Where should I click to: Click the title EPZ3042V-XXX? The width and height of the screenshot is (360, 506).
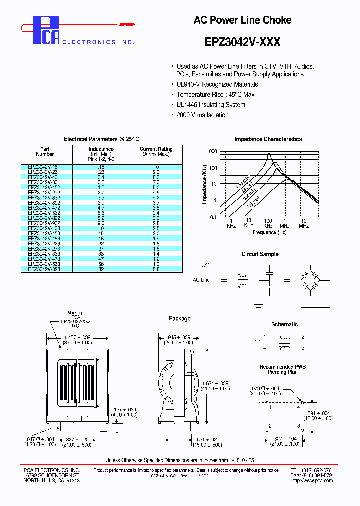click(x=242, y=43)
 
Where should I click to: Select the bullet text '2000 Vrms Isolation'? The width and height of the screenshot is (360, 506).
click(x=202, y=115)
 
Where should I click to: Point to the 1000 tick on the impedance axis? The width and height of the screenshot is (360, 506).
click(x=211, y=151)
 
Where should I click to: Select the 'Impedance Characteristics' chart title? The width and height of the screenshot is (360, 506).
click(x=268, y=139)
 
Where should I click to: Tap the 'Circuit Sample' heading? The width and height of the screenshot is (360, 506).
click(x=260, y=254)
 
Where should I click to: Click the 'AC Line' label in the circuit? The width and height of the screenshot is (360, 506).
click(x=201, y=280)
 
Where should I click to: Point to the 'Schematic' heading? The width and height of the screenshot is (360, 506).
click(x=284, y=324)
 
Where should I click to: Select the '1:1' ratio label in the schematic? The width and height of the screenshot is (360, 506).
click(x=257, y=342)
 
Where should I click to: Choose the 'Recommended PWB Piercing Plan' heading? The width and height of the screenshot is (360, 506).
click(x=283, y=369)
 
